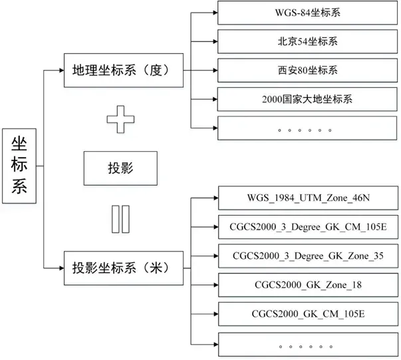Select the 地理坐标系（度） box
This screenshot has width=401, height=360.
click(124, 71)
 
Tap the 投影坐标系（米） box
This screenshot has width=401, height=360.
click(124, 268)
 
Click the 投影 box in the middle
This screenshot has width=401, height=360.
click(120, 169)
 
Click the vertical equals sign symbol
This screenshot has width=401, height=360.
click(120, 220)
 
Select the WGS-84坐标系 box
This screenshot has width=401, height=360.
click(307, 12)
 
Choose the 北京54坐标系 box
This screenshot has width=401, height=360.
click(307, 41)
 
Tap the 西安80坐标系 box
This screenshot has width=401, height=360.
click(307, 70)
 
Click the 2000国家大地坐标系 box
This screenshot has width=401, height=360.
click(307, 99)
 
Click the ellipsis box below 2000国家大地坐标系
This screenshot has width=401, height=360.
click(307, 128)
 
